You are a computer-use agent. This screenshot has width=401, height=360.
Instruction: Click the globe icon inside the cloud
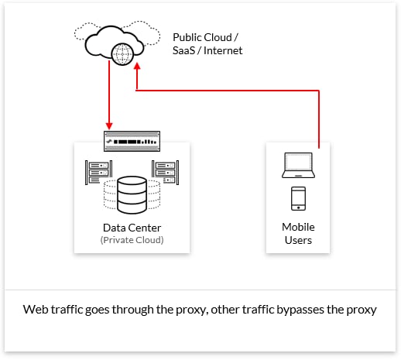pos(122,54)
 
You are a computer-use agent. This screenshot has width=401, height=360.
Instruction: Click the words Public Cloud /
pos(205,38)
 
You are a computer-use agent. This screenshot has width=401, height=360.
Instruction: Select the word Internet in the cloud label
pos(223,50)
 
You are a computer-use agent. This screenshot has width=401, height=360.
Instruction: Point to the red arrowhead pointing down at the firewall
pos(109,126)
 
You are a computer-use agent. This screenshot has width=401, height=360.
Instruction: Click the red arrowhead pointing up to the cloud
pos(137,66)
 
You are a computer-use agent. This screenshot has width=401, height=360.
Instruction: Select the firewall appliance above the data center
pos(132,141)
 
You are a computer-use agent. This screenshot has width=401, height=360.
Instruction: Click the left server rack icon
pos(98,173)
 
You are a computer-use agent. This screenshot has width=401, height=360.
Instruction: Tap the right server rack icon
pos(166,173)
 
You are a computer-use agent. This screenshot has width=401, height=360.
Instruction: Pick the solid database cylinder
pos(132,195)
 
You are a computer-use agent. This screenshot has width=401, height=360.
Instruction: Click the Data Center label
pos(132,228)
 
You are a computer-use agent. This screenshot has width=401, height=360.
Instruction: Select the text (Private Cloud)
pos(132,240)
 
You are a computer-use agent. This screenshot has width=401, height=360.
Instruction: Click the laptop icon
pos(298,165)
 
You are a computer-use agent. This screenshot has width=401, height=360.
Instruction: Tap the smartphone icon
pos(298,198)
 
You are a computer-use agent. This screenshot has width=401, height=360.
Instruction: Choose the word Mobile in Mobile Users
pos(298,227)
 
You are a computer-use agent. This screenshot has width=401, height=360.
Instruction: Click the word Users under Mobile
pos(298,240)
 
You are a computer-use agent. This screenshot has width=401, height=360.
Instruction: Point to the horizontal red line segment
pos(228,91)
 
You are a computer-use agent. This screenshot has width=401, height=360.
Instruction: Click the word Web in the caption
pos(36,310)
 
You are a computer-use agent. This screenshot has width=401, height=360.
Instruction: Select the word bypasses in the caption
pos(300,310)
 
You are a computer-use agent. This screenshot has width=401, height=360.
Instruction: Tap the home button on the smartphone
pos(298,207)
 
